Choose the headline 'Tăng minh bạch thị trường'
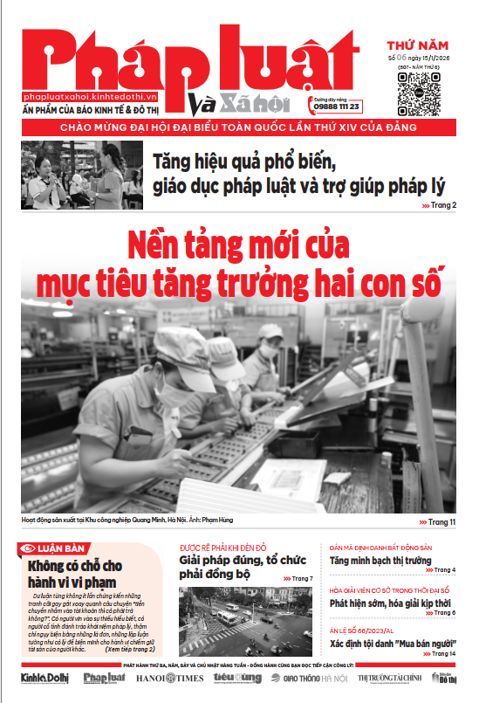[380, 561]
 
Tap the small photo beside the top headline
[84, 175]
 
